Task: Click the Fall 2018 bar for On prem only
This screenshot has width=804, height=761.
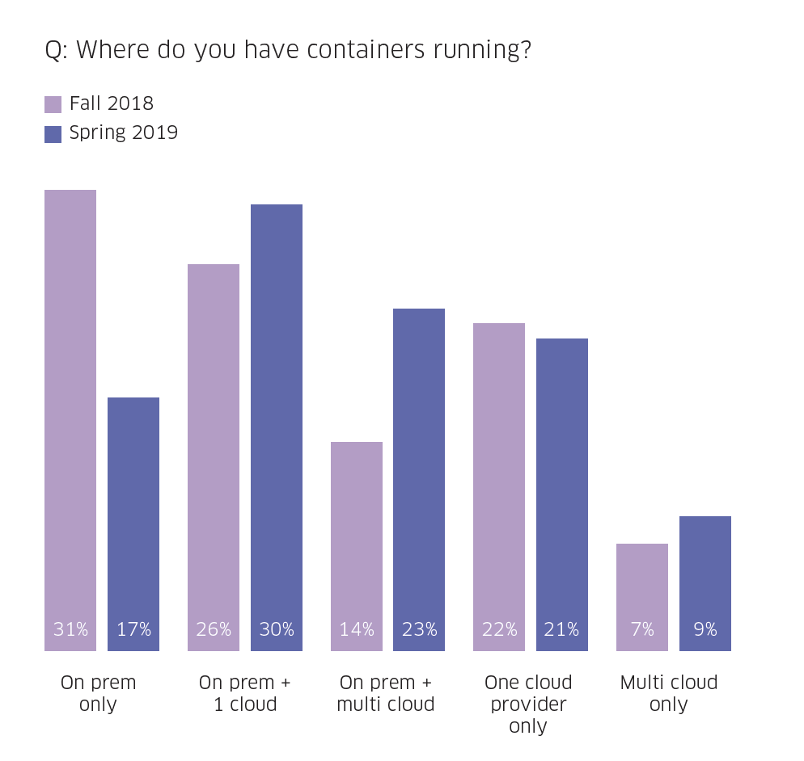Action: (70, 420)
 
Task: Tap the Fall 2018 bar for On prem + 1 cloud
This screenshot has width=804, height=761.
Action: (214, 457)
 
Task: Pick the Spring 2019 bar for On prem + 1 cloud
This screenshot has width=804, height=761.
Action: (277, 427)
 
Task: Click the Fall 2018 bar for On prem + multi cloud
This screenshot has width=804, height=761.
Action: (357, 546)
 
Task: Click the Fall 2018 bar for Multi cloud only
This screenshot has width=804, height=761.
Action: (642, 597)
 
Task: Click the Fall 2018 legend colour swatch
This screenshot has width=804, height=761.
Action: (53, 104)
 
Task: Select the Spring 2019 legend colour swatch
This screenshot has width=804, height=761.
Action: (53, 133)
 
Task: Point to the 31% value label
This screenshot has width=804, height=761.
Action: (70, 629)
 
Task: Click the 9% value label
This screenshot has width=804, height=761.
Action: (705, 629)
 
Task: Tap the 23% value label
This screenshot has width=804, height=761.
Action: (419, 629)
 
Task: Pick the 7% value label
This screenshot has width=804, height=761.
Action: (642, 629)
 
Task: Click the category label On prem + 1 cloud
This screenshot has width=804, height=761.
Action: (245, 693)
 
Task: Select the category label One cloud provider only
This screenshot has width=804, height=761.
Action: (528, 704)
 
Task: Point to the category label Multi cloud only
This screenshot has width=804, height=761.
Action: (669, 693)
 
